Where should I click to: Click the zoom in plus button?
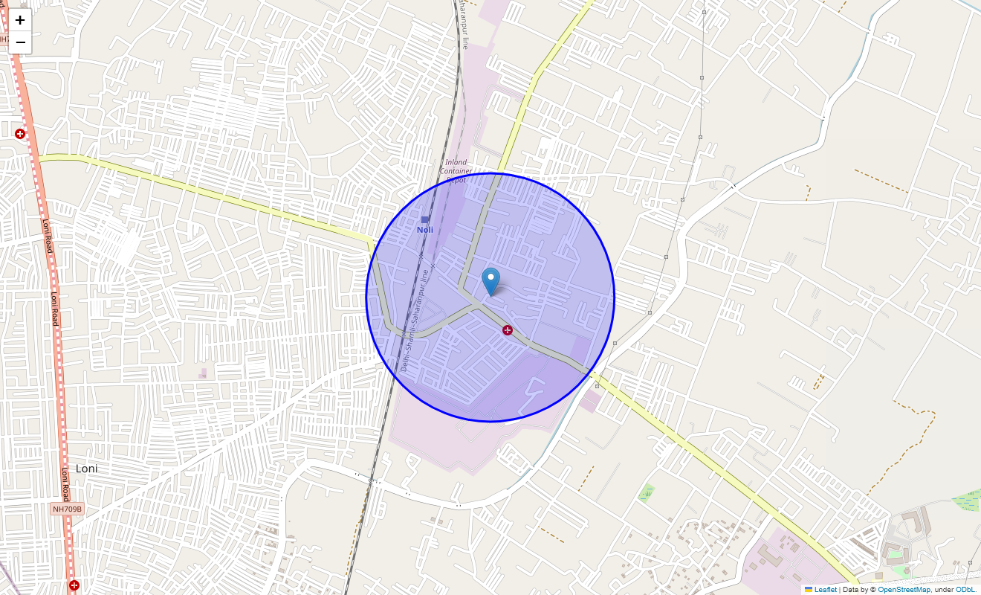coord(20,20)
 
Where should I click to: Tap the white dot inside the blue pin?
coord(490,277)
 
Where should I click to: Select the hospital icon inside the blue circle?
coord(508,329)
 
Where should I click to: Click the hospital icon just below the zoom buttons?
coord(20,134)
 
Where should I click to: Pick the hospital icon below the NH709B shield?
coord(74,585)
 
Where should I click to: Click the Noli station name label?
coord(425,230)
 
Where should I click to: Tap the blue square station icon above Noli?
coord(425,219)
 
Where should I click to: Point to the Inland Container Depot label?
coord(456,171)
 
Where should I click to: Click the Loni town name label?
coord(86,469)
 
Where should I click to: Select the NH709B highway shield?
coord(68,509)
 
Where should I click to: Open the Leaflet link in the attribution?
coord(825,590)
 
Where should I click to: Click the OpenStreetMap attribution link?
coord(904,590)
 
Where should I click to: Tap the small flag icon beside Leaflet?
coord(809,590)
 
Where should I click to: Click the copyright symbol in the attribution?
coord(873,590)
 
